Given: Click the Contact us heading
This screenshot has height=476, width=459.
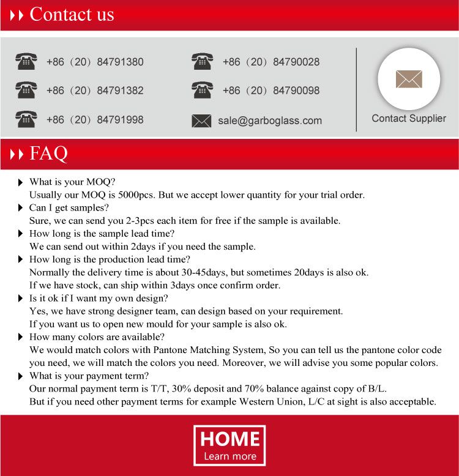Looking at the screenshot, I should click(72, 14).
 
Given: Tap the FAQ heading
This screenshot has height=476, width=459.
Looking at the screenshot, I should click(48, 153).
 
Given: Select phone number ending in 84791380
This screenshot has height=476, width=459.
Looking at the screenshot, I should click(95, 62).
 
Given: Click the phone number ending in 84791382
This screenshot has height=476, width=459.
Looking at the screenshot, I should click(95, 91).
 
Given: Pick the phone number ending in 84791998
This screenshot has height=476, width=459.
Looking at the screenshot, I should click(95, 119).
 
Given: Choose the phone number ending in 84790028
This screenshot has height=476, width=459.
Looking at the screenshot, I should click(271, 62).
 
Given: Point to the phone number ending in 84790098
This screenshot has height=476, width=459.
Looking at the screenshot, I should click(271, 91).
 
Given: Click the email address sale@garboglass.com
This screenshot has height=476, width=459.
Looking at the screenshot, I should click(270, 121).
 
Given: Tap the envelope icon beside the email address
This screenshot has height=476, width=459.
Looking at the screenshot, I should click(201, 121).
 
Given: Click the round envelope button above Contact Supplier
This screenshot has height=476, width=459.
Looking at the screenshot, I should click(408, 79).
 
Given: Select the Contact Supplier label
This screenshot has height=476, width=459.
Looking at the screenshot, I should click(409, 118).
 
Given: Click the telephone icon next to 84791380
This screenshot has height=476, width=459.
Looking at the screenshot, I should click(26, 61).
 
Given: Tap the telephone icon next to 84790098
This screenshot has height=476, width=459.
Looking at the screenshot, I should click(202, 90).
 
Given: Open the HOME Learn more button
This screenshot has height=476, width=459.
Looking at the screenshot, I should click(229, 445).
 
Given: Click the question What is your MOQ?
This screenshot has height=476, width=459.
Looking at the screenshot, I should click(72, 182).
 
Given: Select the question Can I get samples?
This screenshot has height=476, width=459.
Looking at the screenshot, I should click(69, 208).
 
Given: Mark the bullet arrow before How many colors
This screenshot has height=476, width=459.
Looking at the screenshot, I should click(21, 337).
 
